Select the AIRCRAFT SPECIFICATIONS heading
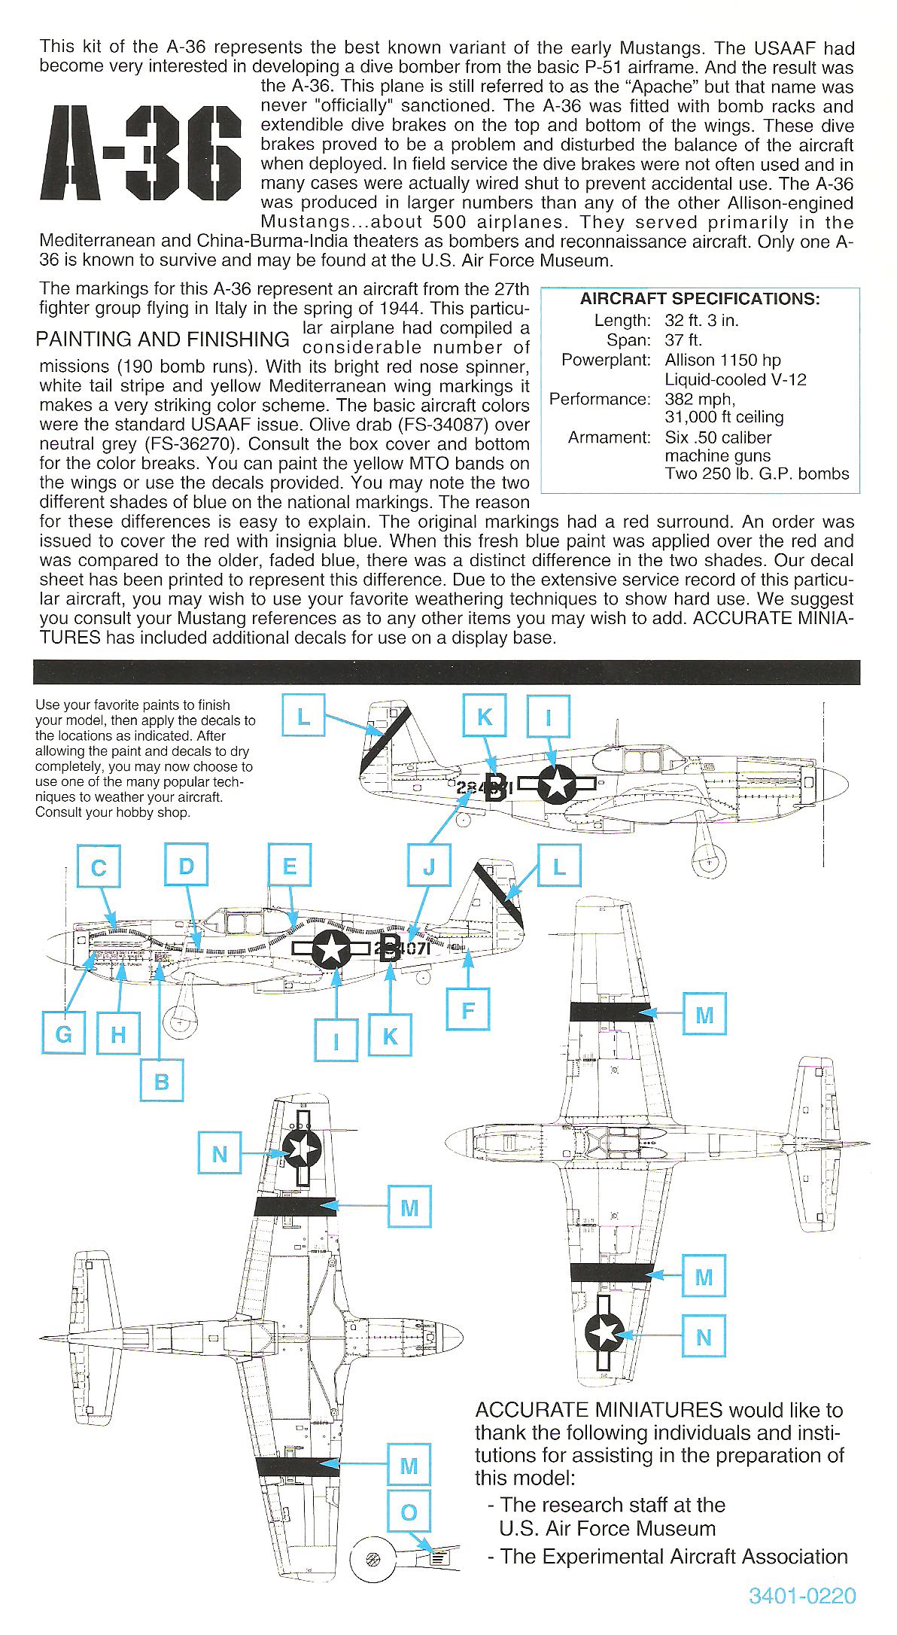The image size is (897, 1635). pyautogui.click(x=700, y=299)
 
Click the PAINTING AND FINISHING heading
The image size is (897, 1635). pyautogui.click(x=163, y=339)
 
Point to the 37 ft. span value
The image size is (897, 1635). pyautogui.click(x=683, y=340)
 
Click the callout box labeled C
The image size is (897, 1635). pyautogui.click(x=99, y=868)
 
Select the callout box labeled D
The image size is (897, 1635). pyautogui.click(x=187, y=866)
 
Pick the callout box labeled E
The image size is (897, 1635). pyautogui.click(x=290, y=866)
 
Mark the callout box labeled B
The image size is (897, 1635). pyautogui.click(x=161, y=1082)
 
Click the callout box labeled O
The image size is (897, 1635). pyautogui.click(x=409, y=1512)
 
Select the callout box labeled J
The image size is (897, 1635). pyautogui.click(x=429, y=867)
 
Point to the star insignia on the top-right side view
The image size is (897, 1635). pyautogui.click(x=558, y=784)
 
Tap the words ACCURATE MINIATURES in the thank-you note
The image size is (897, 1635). pyautogui.click(x=599, y=1410)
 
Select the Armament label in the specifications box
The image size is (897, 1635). pyautogui.click(x=609, y=437)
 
